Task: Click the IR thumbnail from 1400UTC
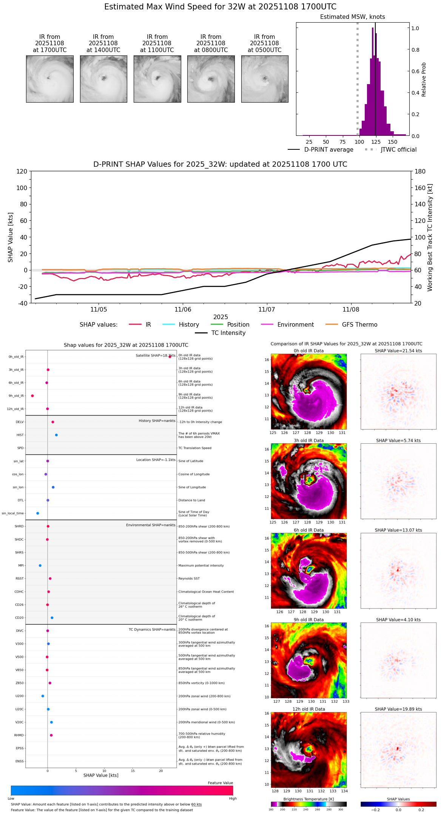[103, 79]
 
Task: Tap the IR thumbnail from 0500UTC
[265, 79]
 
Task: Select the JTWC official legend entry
[398, 150]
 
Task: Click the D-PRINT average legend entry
[328, 150]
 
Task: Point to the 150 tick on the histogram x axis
[393, 142]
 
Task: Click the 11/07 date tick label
[267, 310]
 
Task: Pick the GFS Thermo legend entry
[359, 325]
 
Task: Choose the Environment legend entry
[295, 325]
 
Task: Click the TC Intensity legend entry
[228, 333]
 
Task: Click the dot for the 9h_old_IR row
[32, 396]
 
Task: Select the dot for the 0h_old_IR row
[170, 356]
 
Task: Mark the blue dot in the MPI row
[40, 565]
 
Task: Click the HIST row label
[20, 435]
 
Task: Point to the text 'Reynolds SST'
[189, 579]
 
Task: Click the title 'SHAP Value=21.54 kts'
[398, 351]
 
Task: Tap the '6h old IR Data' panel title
[308, 530]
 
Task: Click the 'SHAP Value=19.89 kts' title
[398, 709]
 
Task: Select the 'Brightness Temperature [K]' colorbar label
[308, 799]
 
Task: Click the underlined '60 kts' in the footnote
[196, 805]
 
